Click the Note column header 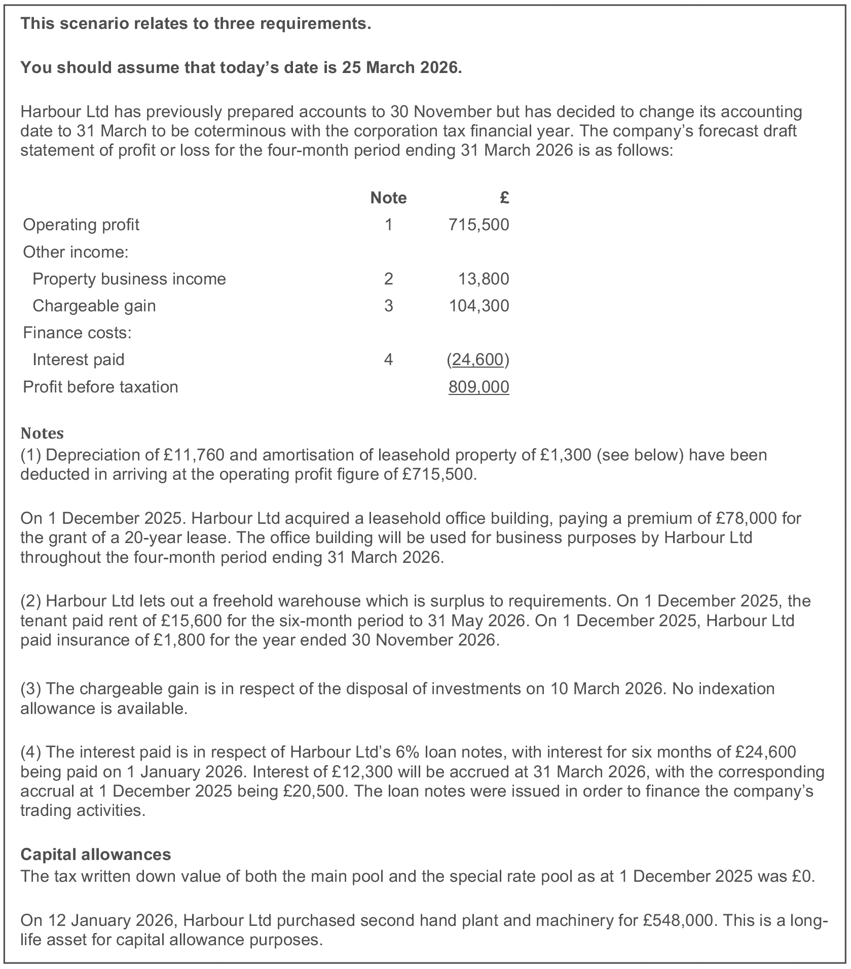click(388, 197)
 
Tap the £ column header click(504, 197)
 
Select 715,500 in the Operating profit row click(479, 225)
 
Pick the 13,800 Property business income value click(484, 279)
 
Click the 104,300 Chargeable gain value click(479, 306)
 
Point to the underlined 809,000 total click(479, 387)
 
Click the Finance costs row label click(78, 333)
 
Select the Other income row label click(76, 252)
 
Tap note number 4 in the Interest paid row click(388, 360)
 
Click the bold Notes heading click(42, 434)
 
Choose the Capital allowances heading click(96, 854)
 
